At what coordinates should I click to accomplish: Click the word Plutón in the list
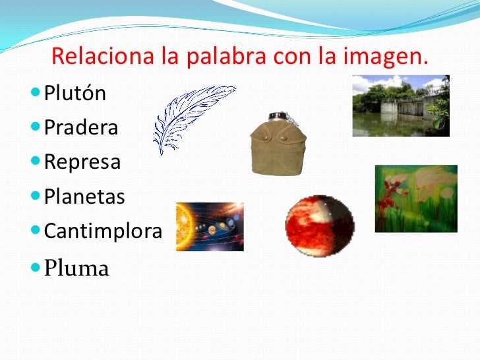[75, 94]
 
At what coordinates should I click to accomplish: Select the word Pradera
[81, 127]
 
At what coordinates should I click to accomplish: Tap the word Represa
[82, 162]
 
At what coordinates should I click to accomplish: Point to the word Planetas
[84, 196]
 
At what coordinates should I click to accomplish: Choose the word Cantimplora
[102, 231]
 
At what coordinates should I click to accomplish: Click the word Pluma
[76, 268]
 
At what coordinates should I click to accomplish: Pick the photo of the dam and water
[400, 105]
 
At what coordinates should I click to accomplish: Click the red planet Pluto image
[320, 225]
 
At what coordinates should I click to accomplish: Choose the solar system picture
[210, 226]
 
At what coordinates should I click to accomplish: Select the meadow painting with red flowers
[416, 198]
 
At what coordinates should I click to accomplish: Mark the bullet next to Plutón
[36, 94]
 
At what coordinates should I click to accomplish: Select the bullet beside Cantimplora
[36, 231]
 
